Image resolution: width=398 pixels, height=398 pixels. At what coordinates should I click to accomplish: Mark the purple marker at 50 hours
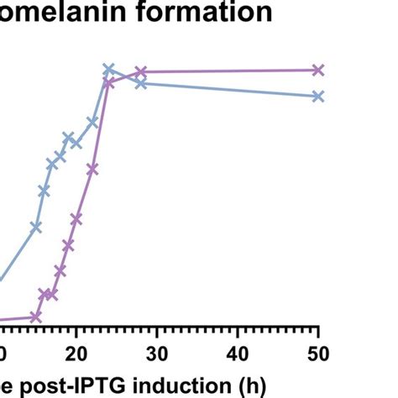[x=317, y=70]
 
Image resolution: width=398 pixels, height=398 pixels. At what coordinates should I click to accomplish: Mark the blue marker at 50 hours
[x=317, y=97]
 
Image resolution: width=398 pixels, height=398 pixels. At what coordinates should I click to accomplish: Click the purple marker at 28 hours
[x=141, y=72]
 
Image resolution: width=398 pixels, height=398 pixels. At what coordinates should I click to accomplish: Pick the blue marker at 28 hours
[x=141, y=83]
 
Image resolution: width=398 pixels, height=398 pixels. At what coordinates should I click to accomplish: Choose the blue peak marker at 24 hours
[x=108, y=69]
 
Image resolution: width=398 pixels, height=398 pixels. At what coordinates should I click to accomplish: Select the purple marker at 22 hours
[x=92, y=170]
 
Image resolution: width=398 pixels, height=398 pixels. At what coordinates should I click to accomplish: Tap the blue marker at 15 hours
[x=36, y=227]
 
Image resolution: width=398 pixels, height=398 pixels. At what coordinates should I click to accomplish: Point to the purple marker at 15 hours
[x=36, y=317]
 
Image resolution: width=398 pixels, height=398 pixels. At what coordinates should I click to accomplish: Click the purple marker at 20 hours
[x=76, y=218]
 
